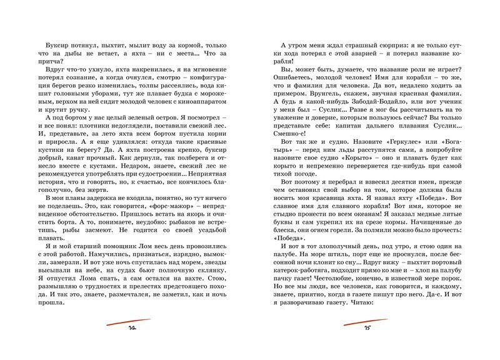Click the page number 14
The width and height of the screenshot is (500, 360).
point(132,327)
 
